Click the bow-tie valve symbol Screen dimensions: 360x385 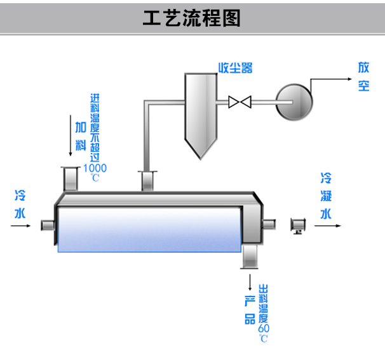[x=240, y=101]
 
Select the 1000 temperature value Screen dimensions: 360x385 [x=95, y=168]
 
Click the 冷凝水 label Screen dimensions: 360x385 [x=326, y=194]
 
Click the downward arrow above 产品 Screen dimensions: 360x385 [x=250, y=281]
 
